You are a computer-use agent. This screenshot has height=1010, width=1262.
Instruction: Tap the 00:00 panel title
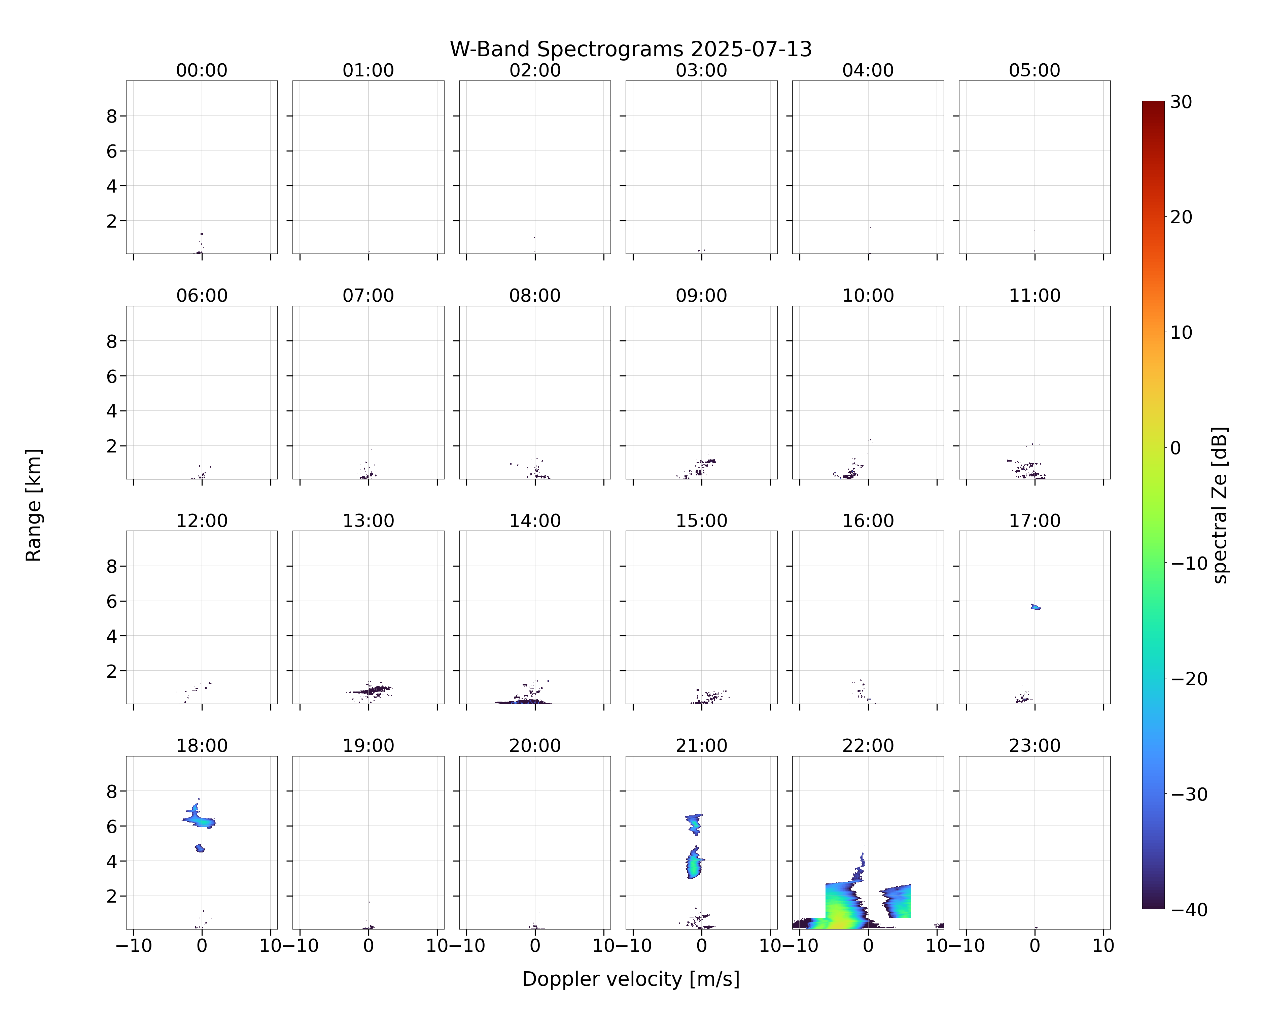point(202,70)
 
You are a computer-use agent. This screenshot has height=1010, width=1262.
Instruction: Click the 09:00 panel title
point(701,295)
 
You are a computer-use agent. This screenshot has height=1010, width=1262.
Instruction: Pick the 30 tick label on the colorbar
point(1181,102)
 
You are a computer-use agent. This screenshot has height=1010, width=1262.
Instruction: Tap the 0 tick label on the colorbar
point(1176,448)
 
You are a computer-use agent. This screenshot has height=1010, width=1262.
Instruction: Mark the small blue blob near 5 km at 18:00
point(200,848)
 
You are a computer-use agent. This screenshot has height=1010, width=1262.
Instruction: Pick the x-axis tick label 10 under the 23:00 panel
point(1103,946)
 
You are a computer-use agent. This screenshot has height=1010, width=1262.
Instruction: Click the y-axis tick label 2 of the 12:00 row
point(112,671)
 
